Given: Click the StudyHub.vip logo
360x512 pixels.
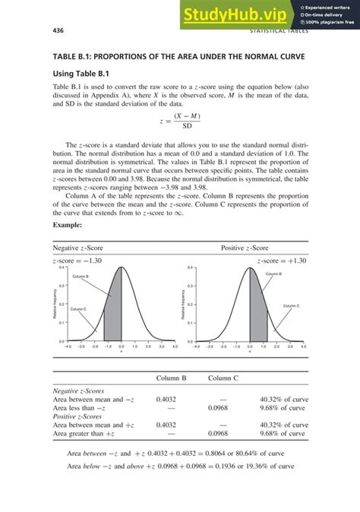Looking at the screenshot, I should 238,14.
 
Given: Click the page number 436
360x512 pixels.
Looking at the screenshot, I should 57,31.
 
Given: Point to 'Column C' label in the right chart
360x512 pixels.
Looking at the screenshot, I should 292,305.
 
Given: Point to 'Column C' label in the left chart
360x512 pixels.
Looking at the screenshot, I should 78,309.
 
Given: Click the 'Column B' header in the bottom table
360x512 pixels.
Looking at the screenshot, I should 172,378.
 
